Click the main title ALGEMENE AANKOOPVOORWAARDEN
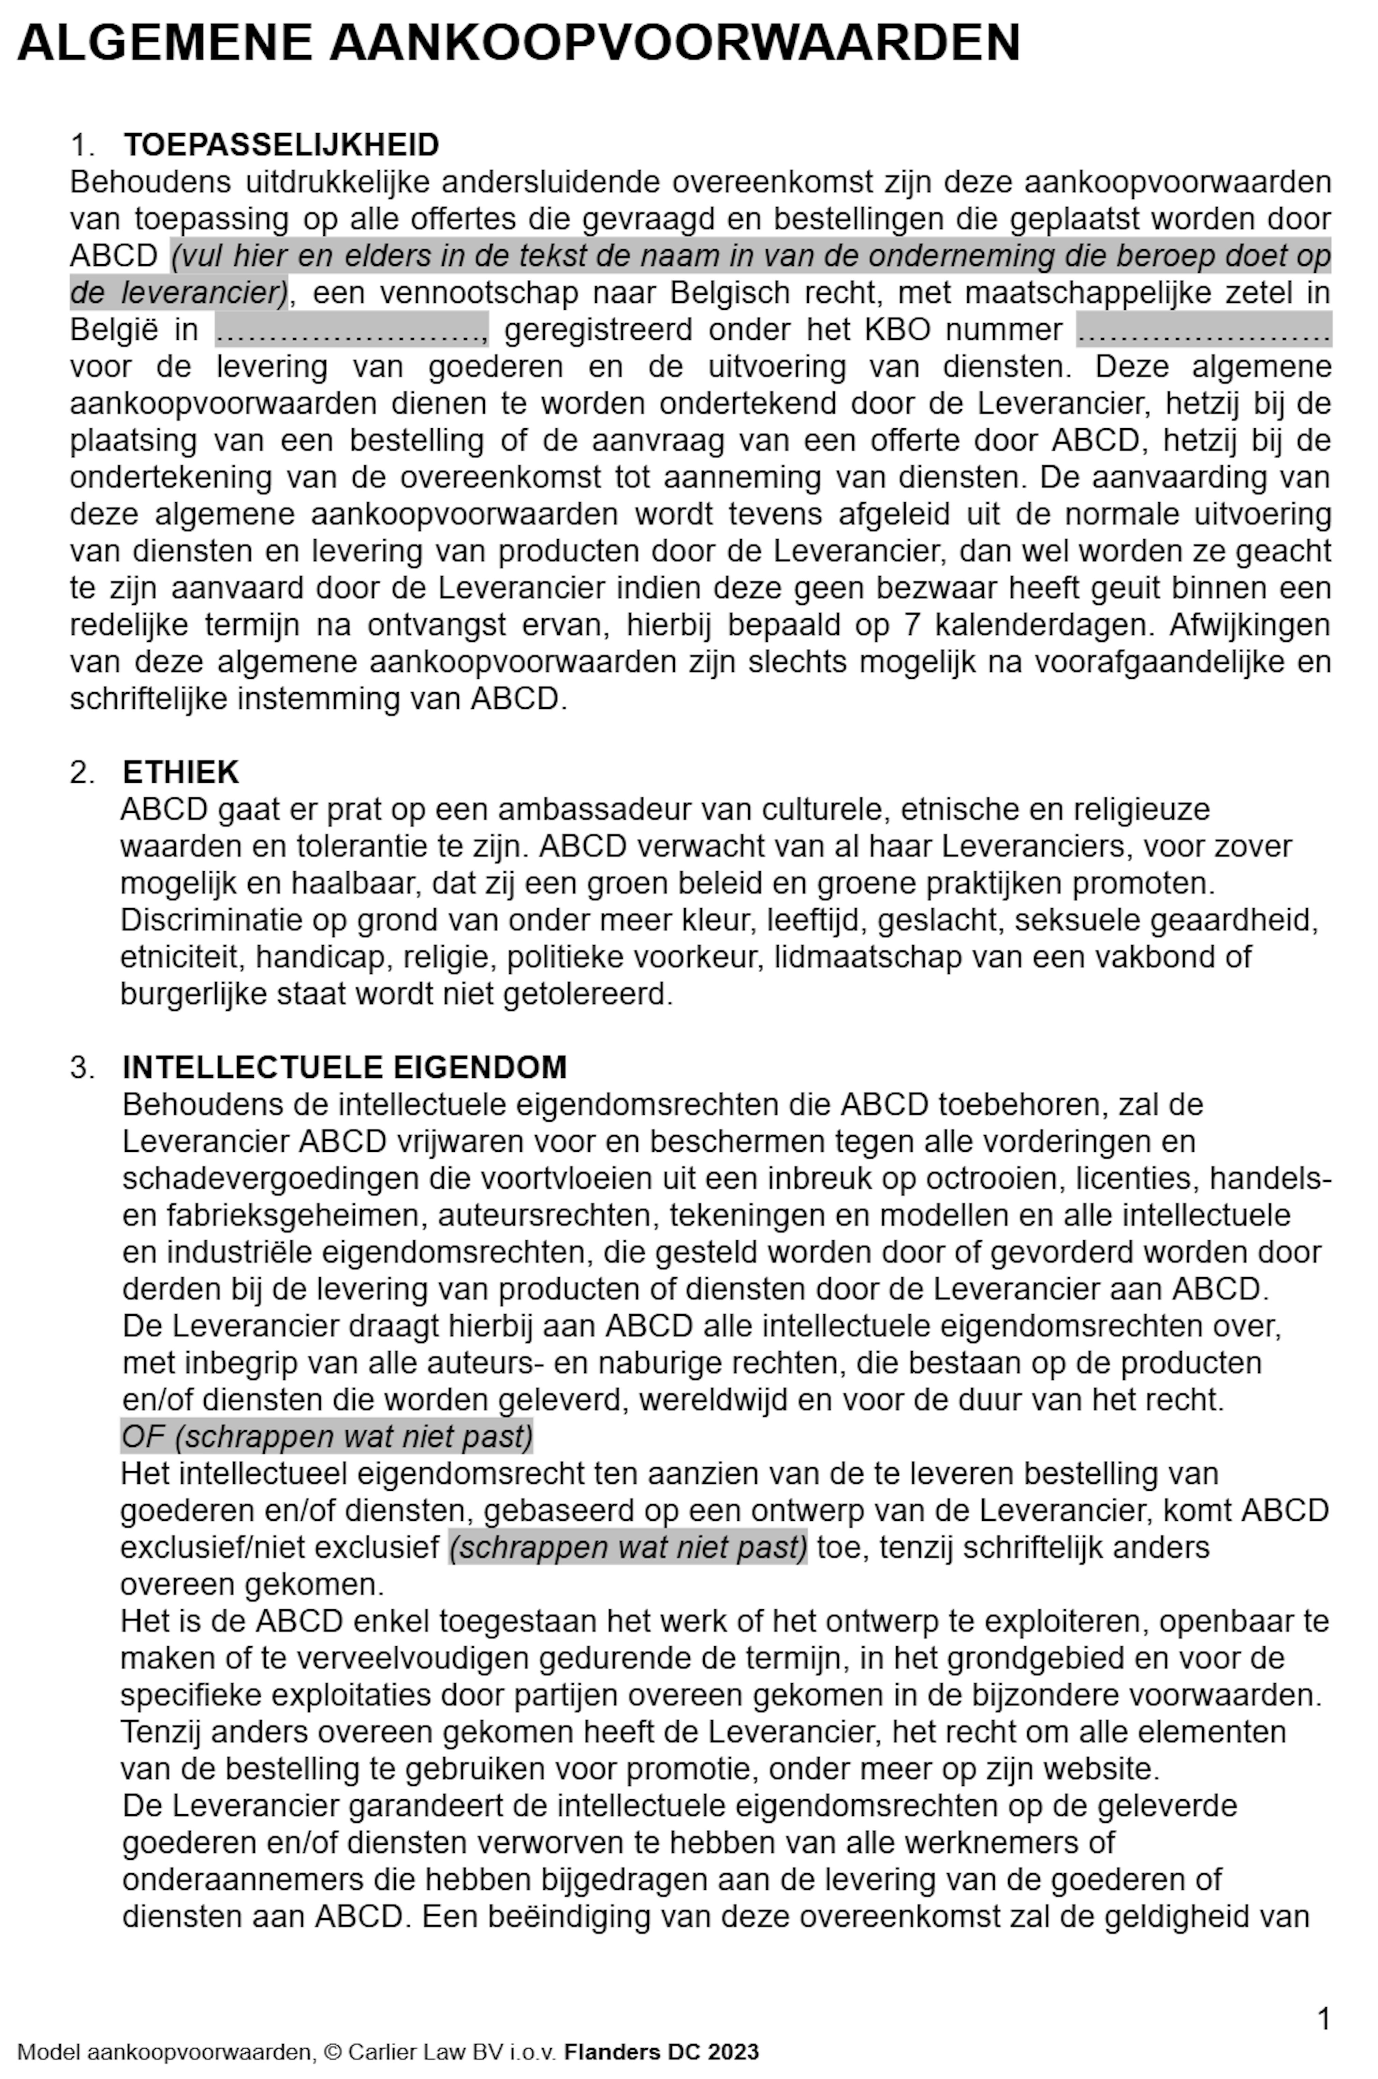click(518, 42)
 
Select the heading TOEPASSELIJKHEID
click(281, 144)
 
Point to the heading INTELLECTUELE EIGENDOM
click(344, 1067)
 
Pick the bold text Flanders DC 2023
click(661, 2052)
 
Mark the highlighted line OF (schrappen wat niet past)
click(327, 1436)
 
